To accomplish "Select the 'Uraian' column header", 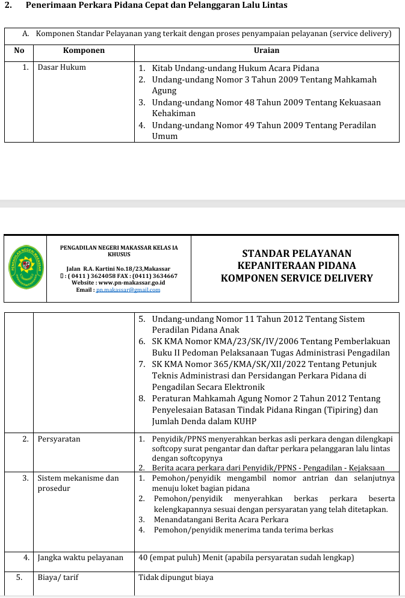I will (266, 51).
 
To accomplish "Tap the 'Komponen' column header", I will (84, 51).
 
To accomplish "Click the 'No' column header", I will (19, 51).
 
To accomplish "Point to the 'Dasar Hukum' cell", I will (61, 67).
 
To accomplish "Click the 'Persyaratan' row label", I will (58, 439).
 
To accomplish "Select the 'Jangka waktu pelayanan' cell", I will (80, 558).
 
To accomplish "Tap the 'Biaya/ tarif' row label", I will (58, 578).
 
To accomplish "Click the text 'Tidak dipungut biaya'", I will (176, 578).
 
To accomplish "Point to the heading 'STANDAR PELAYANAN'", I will (297, 254).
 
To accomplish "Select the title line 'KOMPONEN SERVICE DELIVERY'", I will (297, 279).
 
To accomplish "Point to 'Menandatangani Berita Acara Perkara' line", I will (221, 519).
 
